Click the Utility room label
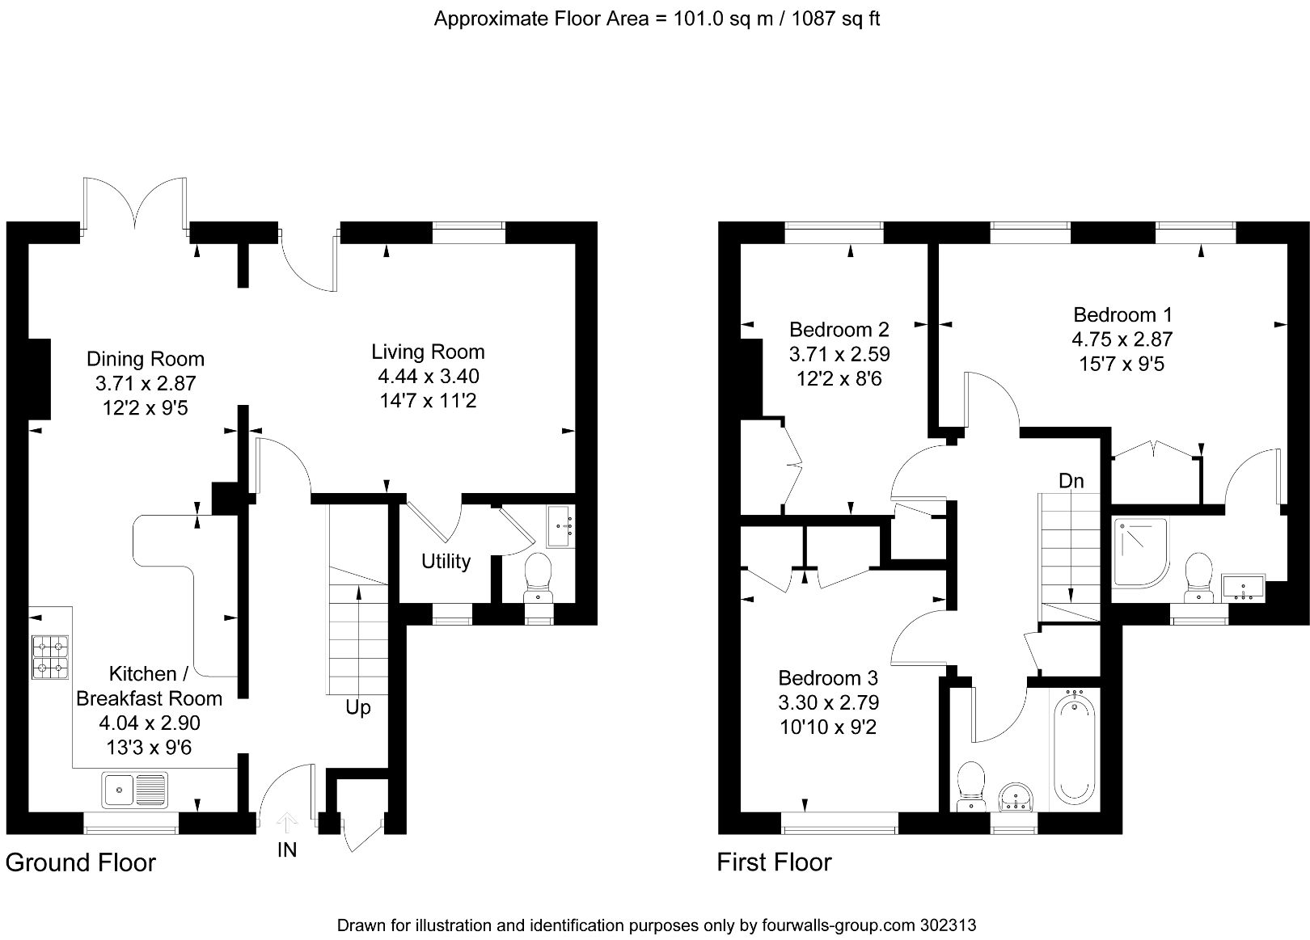tap(446, 561)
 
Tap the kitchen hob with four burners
tap(50, 656)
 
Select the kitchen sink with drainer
tap(134, 790)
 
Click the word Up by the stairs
tap(357, 707)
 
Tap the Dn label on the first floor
tap(1071, 481)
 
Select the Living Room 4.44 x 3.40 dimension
tap(428, 376)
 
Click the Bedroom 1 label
tap(1122, 314)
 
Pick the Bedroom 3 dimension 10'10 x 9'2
tap(828, 727)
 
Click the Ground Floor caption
tap(80, 862)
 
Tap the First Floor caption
tap(774, 862)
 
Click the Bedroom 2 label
tap(839, 330)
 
